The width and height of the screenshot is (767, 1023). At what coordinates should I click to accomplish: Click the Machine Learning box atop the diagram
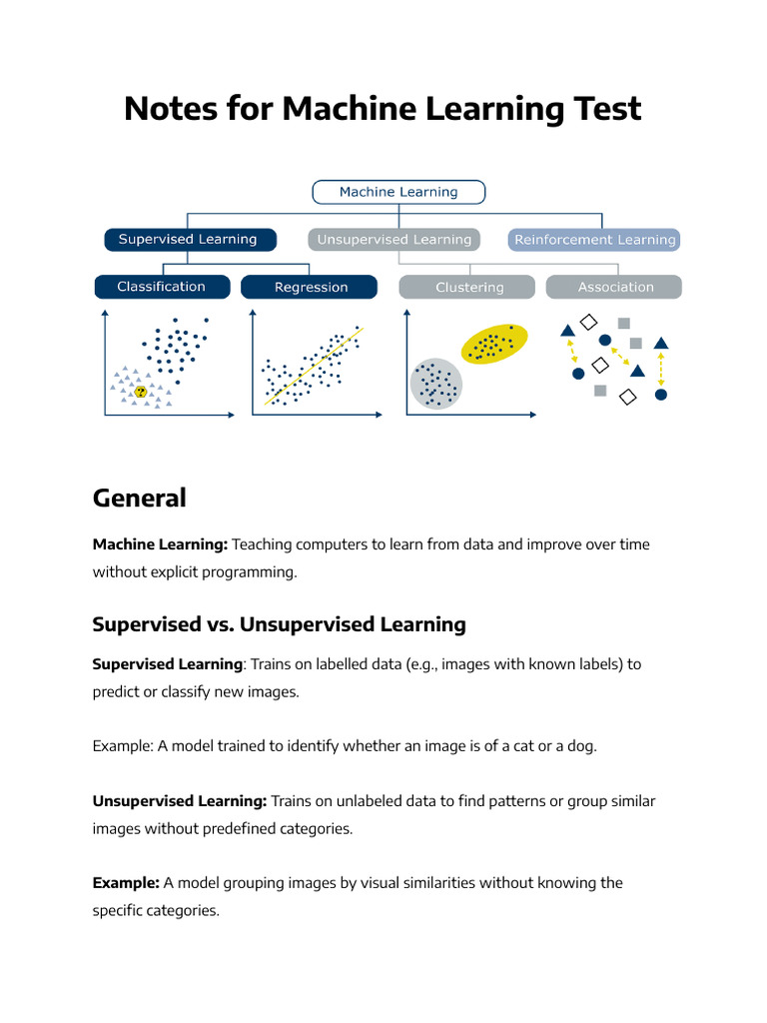click(398, 192)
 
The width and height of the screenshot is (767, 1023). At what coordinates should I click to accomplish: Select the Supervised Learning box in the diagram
click(188, 240)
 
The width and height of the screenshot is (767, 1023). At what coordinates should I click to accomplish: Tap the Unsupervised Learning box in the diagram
click(393, 240)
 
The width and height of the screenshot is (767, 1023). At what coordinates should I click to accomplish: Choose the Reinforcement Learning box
click(594, 240)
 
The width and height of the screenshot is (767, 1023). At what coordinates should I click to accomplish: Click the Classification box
click(161, 287)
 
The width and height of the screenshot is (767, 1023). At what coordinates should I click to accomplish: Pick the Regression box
click(311, 288)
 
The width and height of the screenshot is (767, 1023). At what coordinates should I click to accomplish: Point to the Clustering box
click(469, 288)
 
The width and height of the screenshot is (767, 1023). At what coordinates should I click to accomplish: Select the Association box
click(615, 288)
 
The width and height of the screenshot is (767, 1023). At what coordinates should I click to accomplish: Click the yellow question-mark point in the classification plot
click(141, 392)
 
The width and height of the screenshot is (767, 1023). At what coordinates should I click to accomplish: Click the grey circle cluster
click(436, 383)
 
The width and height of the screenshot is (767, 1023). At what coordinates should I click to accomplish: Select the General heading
click(139, 498)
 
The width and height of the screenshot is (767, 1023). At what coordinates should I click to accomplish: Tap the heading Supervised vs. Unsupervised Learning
click(279, 624)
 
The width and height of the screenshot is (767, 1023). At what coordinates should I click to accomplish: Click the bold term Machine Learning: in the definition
click(160, 544)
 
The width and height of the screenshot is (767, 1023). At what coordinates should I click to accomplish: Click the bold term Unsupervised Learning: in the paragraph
click(180, 801)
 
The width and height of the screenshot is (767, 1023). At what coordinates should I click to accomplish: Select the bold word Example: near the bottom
click(126, 883)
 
